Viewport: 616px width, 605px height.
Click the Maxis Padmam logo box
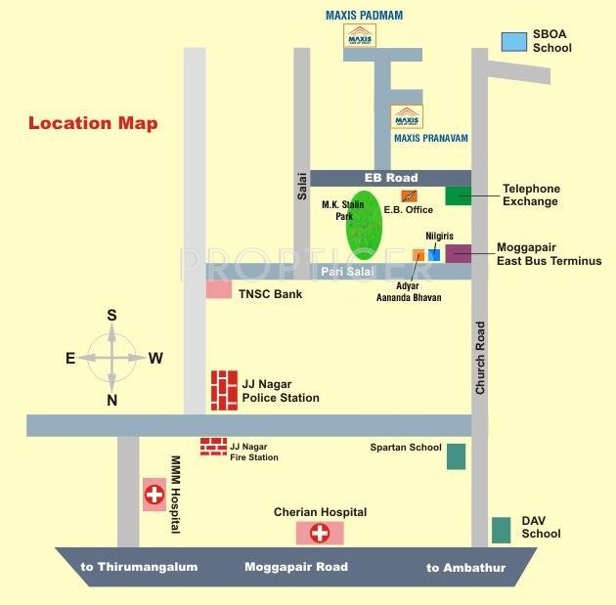[x=360, y=35]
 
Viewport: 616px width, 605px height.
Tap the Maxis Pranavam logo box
[x=407, y=117]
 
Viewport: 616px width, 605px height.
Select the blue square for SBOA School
[x=513, y=41]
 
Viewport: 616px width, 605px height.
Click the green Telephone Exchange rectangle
[x=458, y=195]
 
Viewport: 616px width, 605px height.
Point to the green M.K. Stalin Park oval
[x=364, y=226]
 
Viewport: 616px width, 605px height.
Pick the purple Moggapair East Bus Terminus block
[x=458, y=254]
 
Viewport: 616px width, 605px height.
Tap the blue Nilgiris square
[x=434, y=254]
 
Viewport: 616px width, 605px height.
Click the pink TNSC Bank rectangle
[x=219, y=290]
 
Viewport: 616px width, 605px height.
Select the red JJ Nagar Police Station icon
[x=224, y=390]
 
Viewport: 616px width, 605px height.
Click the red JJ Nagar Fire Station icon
[x=213, y=447]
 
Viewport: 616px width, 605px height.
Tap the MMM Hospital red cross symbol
[x=154, y=495]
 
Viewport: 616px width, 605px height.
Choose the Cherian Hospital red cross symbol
[x=319, y=533]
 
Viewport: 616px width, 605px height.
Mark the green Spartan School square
[x=456, y=456]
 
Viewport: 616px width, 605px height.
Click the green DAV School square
[x=501, y=530]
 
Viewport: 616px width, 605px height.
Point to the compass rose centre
[x=111, y=358]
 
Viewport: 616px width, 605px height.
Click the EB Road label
[x=390, y=178]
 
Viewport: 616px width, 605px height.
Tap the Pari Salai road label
[x=343, y=271]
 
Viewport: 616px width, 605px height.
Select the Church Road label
[x=480, y=358]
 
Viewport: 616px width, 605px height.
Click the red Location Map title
[x=93, y=123]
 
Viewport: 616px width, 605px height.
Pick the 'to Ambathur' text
[x=466, y=567]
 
